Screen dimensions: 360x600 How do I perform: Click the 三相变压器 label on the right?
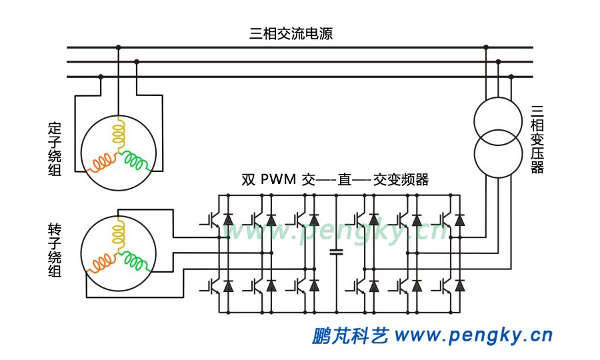coord(537,139)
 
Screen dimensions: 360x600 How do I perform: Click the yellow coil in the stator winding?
coord(118,133)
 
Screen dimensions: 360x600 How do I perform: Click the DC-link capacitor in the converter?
coord(336,252)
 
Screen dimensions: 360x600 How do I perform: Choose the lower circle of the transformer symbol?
coord(497,155)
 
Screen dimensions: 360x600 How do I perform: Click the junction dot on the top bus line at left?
coord(118,47)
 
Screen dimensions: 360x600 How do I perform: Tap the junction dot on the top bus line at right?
coord(486,47)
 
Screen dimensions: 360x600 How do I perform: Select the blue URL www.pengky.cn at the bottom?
coord(473,335)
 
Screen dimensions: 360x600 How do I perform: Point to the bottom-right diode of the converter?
coord(459,287)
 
